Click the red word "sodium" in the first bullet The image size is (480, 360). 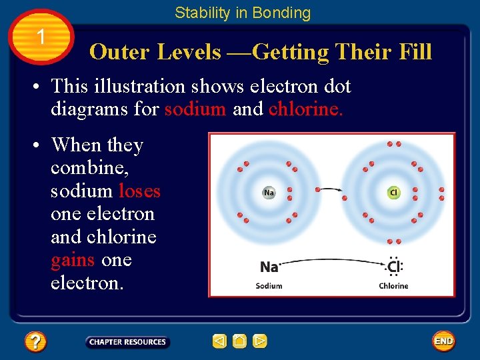(195, 109)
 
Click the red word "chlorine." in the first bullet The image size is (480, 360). (306, 109)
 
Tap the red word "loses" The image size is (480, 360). (139, 191)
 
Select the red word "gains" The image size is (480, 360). (72, 259)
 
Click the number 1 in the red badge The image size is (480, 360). (41, 37)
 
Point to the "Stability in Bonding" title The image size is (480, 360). (243, 13)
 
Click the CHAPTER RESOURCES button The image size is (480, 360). (127, 342)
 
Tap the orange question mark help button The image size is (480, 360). (35, 342)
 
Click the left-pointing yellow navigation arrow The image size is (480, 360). (219, 341)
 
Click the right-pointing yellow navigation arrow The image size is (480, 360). (260, 341)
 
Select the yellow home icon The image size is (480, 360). (239, 341)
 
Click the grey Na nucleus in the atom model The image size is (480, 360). (269, 193)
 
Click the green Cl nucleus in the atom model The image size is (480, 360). (393, 193)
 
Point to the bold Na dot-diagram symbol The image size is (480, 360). (269, 267)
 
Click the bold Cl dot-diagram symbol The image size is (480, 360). (393, 267)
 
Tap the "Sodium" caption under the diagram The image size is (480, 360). (269, 286)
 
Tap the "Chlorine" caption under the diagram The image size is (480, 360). (393, 286)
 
